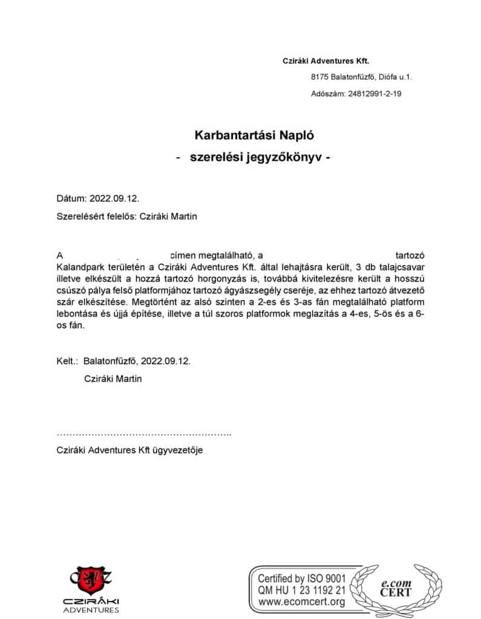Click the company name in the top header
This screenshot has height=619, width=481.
click(326, 60)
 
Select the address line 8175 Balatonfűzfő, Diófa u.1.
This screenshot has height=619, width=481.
click(361, 77)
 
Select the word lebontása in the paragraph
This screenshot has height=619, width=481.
click(76, 314)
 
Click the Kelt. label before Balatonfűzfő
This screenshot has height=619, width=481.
click(67, 361)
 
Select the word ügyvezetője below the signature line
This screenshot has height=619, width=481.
click(176, 450)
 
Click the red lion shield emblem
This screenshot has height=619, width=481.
click(93, 578)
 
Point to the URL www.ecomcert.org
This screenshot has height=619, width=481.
click(301, 602)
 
